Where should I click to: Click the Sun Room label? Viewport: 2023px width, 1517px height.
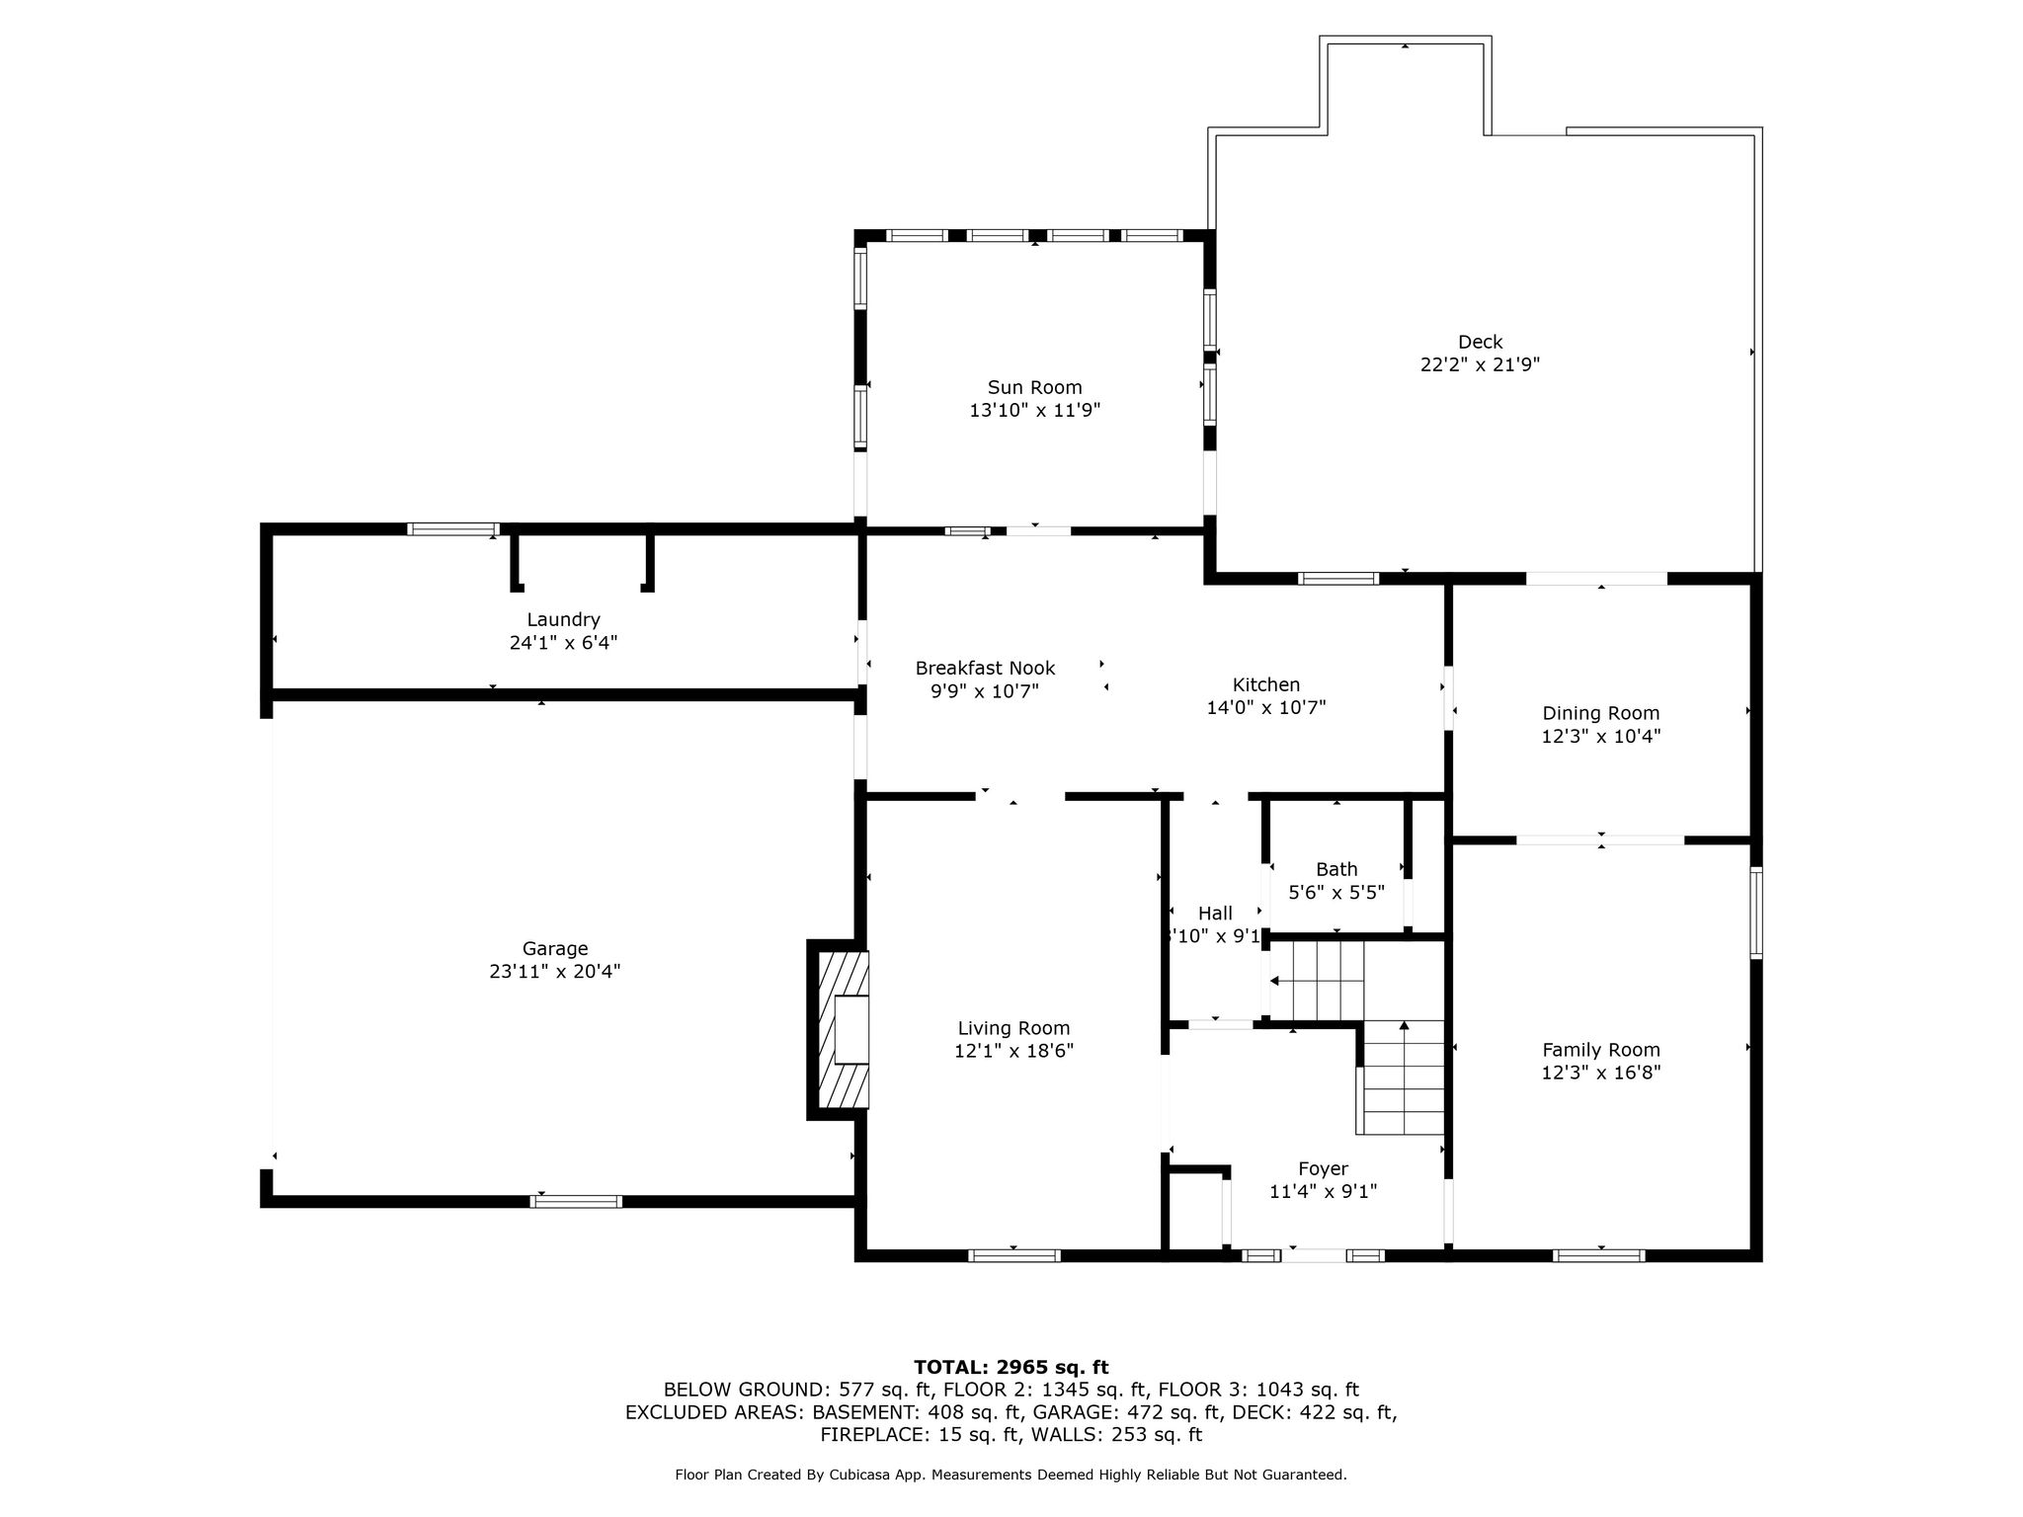(x=1034, y=387)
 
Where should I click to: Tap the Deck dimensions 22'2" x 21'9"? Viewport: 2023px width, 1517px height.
(x=1480, y=364)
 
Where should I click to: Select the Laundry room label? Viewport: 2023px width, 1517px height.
(x=563, y=619)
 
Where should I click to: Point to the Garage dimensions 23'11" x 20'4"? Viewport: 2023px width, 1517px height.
(x=554, y=971)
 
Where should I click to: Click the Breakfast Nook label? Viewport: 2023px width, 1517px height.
(x=985, y=668)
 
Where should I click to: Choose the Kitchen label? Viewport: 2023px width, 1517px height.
(x=1265, y=684)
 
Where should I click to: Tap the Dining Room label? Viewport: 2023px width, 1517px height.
(x=1600, y=713)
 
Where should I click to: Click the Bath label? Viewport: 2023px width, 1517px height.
(x=1336, y=869)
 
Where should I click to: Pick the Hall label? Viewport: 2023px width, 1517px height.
(x=1215, y=914)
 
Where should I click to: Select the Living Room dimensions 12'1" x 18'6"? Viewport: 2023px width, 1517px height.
(x=1013, y=1051)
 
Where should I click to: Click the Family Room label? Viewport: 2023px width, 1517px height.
(x=1600, y=1050)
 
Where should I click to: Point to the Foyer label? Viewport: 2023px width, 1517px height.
(x=1323, y=1169)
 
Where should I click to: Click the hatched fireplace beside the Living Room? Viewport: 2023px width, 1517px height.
(x=840, y=1029)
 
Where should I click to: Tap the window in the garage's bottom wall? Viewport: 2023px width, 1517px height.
(x=577, y=1201)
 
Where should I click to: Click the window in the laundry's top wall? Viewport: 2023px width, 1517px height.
(x=453, y=528)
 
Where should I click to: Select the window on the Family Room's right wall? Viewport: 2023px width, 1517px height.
(x=1755, y=913)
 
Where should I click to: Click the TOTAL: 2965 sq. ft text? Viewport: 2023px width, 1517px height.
(x=1011, y=1367)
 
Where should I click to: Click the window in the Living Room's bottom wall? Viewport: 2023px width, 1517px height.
(x=1013, y=1255)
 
